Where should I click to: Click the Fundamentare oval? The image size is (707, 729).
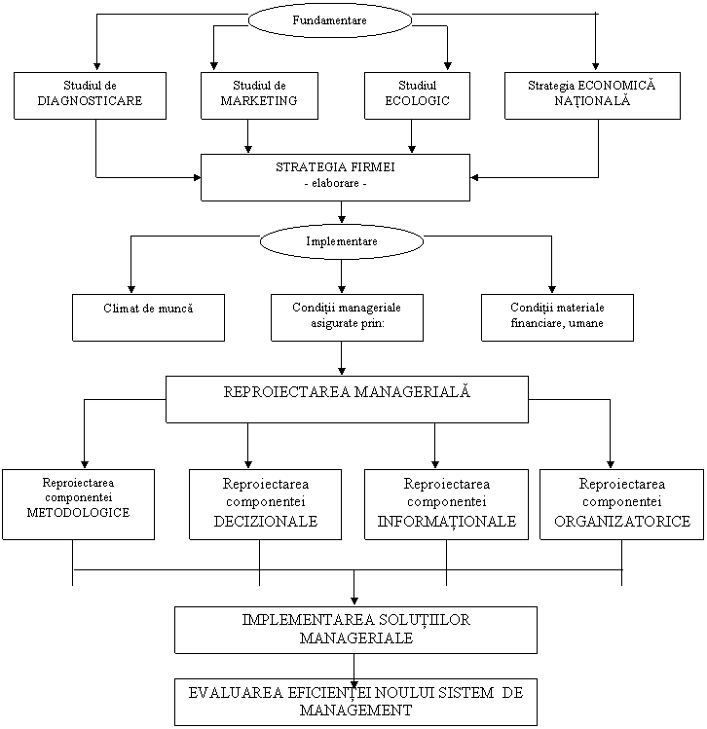pyautogui.click(x=330, y=19)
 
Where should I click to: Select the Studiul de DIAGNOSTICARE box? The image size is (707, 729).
pyautogui.click(x=90, y=95)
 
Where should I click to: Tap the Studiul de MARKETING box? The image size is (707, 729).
pyautogui.click(x=259, y=95)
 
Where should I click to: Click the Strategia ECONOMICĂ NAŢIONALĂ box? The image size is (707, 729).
pyautogui.click(x=592, y=95)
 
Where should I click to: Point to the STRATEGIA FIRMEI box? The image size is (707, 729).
pyautogui.click(x=335, y=177)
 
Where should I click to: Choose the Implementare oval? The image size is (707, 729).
pyautogui.click(x=342, y=241)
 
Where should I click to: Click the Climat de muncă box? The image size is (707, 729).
pyautogui.click(x=148, y=317)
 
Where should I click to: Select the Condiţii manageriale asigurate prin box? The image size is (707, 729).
pyautogui.click(x=347, y=317)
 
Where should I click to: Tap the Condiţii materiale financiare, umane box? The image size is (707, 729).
pyautogui.click(x=557, y=317)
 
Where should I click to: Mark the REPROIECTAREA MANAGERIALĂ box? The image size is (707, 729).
pyautogui.click(x=347, y=399)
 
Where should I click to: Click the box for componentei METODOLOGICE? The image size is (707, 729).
pyautogui.click(x=78, y=504)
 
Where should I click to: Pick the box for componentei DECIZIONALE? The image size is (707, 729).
pyautogui.click(x=266, y=504)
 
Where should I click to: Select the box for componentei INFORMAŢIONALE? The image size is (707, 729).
pyautogui.click(x=446, y=504)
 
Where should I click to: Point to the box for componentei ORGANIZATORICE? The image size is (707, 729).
pyautogui.click(x=621, y=504)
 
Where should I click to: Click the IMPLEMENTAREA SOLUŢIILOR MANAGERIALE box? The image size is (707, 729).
pyautogui.click(x=355, y=630)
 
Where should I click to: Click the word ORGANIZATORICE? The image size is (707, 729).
pyautogui.click(x=621, y=522)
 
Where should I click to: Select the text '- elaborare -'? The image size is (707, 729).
pyautogui.click(x=335, y=185)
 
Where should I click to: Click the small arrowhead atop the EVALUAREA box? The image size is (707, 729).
pyautogui.click(x=354, y=683)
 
